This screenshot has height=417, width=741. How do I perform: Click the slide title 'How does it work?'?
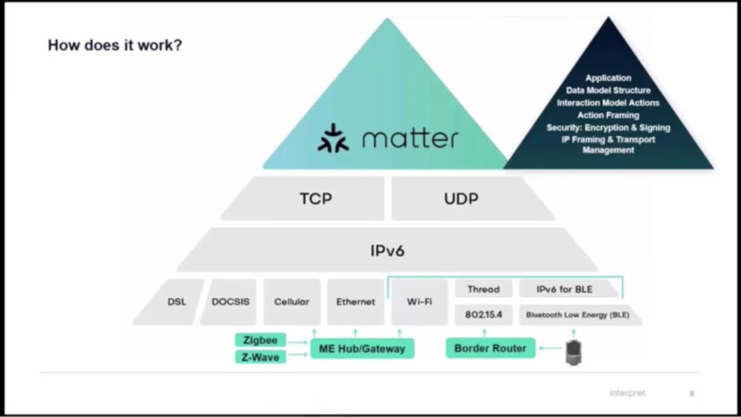[115, 46]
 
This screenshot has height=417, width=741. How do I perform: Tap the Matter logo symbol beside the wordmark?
[333, 138]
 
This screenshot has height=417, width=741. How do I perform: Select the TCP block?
[316, 199]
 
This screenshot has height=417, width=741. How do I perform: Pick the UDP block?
[460, 199]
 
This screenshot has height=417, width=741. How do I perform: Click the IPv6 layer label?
[388, 251]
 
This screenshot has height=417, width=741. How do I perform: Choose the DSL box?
[176, 302]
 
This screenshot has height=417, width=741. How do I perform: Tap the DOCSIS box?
[231, 302]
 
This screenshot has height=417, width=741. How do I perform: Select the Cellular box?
[292, 302]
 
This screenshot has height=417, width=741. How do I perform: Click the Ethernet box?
[355, 302]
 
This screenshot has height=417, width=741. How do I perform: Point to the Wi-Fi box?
[419, 302]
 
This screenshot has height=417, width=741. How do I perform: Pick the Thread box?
[483, 289]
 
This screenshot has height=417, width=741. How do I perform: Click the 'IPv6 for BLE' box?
[565, 289]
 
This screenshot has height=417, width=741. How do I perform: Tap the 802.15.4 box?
[483, 315]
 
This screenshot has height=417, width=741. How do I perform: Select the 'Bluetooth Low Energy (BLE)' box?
[577, 315]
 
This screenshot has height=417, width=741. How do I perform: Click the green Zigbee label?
[260, 340]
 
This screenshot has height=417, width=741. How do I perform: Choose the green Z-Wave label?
[260, 357]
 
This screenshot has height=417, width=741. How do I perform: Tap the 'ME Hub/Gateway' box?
[362, 348]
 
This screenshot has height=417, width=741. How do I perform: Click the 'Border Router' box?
[490, 348]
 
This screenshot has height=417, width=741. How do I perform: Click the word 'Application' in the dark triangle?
[608, 78]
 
